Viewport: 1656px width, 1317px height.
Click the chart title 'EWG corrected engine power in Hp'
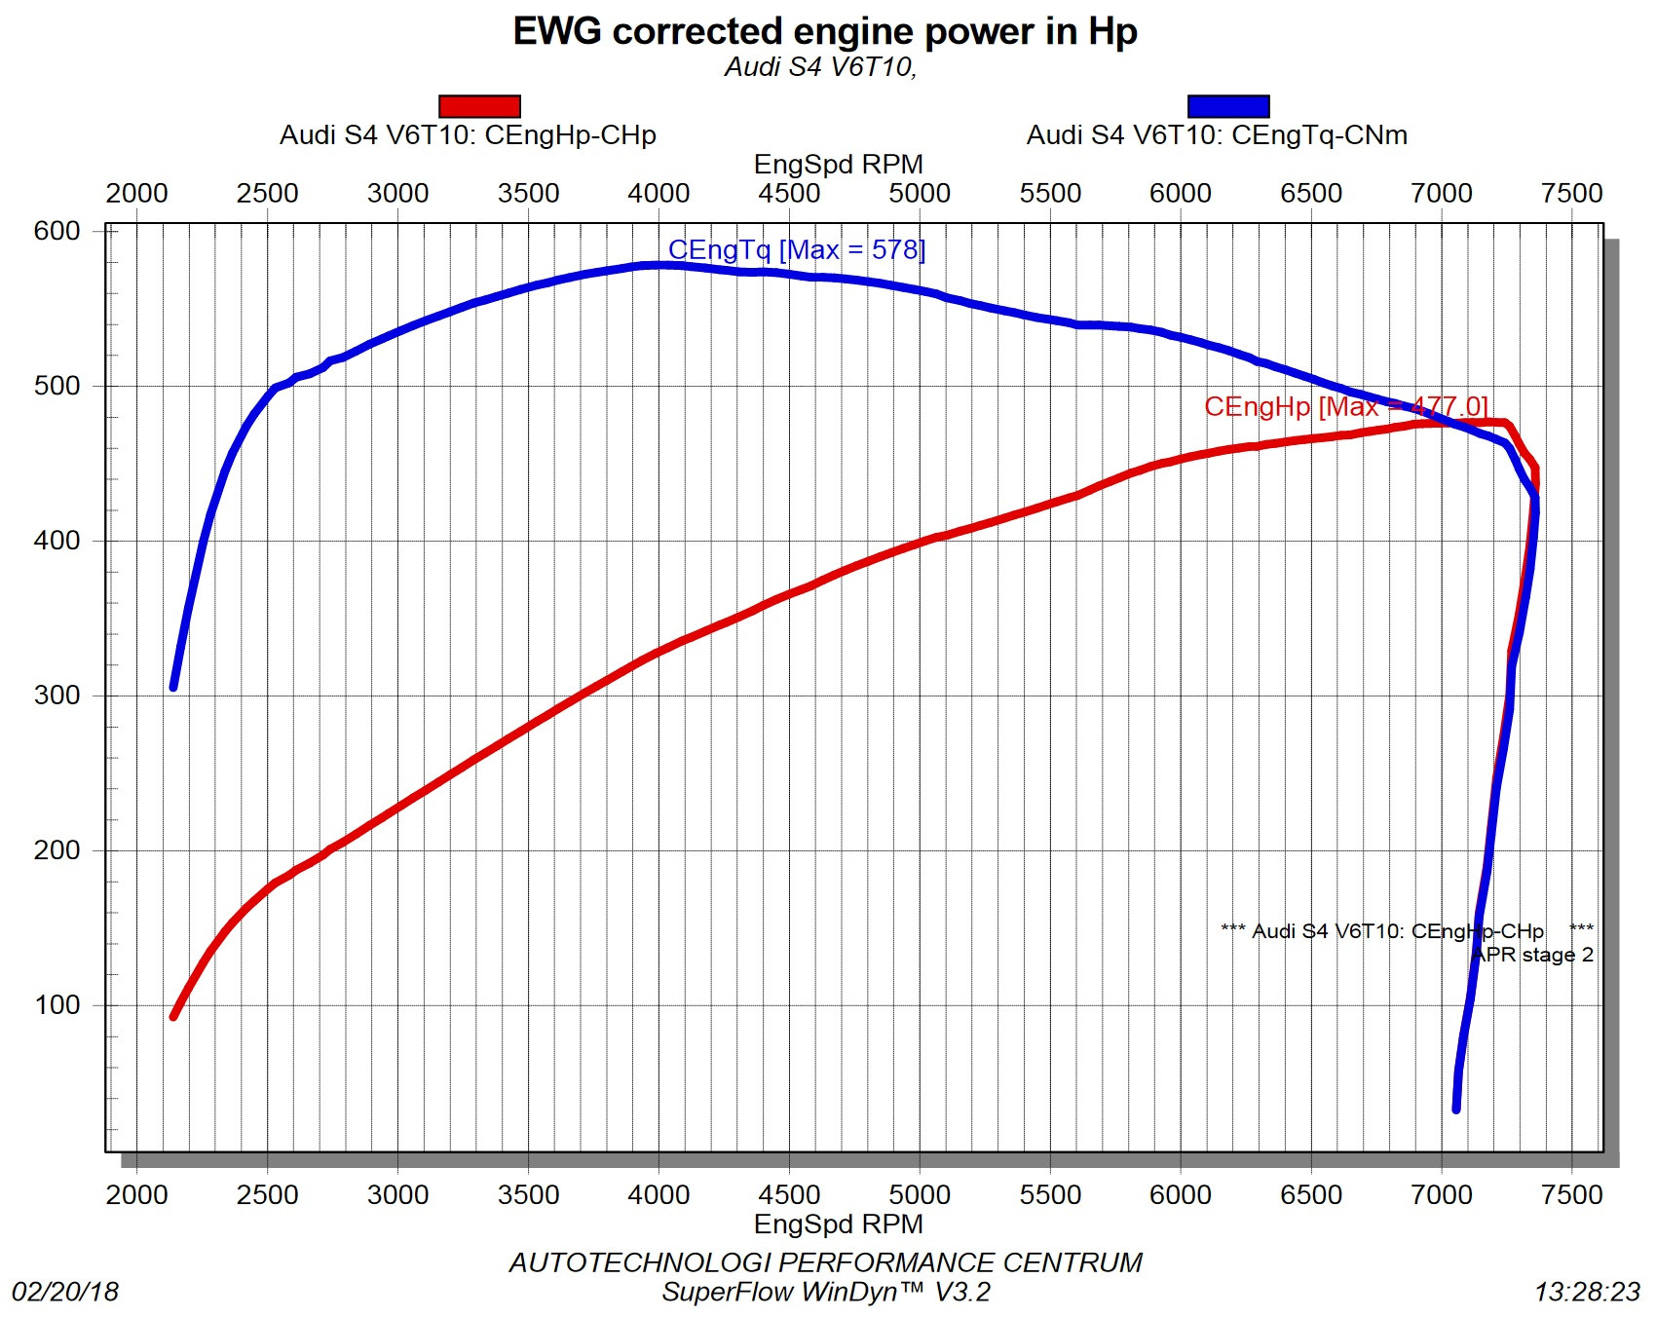(824, 32)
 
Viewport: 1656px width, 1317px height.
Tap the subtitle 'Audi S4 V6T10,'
(820, 67)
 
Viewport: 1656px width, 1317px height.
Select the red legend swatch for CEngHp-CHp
(479, 106)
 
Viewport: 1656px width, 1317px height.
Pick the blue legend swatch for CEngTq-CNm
(1227, 106)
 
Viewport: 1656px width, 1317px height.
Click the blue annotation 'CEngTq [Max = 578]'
(796, 250)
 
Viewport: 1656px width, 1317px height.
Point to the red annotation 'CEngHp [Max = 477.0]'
(1345, 406)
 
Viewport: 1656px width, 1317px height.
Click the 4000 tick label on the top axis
(659, 194)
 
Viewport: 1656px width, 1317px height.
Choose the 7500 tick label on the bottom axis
(1571, 1195)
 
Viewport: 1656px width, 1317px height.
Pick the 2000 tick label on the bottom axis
(136, 1195)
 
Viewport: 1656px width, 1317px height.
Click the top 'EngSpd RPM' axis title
(838, 165)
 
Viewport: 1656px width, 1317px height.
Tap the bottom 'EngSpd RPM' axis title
(838, 1223)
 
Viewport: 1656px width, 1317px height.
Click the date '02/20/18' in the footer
(65, 1292)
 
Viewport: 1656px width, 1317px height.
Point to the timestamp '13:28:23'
(1587, 1292)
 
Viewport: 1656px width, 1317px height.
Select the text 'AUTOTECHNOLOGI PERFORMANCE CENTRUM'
(825, 1262)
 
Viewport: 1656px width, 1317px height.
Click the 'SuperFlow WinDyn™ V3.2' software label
(825, 1292)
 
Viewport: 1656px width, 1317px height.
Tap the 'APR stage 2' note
(1532, 955)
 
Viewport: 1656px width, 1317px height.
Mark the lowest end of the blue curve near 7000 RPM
(1456, 1109)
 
